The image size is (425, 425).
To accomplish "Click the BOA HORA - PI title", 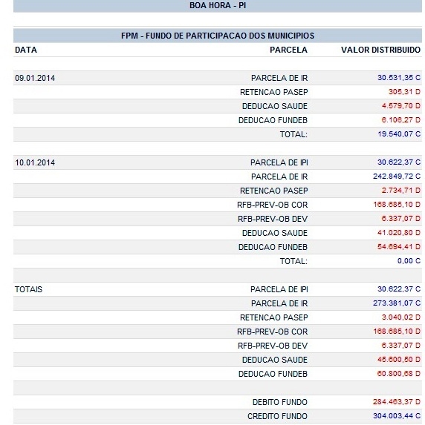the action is click(x=217, y=6).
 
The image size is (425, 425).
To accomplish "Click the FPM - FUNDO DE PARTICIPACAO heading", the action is click(x=217, y=36).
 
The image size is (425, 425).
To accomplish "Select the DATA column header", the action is click(x=26, y=50).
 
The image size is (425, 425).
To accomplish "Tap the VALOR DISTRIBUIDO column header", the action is click(x=380, y=50).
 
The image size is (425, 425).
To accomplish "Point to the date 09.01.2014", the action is click(x=35, y=78).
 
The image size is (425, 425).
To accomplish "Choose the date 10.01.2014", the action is click(x=35, y=162).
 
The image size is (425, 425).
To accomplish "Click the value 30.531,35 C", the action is click(x=399, y=78).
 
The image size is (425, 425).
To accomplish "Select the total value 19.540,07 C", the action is click(x=399, y=134).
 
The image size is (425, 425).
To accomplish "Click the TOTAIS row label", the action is click(x=29, y=289).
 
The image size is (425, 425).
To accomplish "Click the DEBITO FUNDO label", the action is click(x=280, y=402).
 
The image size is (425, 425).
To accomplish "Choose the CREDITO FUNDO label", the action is click(x=277, y=416).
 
